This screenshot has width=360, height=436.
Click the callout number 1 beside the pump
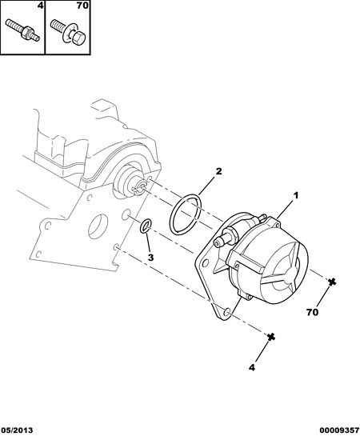click(x=296, y=195)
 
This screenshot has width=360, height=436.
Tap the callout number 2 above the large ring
click(x=218, y=171)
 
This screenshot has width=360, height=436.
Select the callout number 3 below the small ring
click(x=150, y=258)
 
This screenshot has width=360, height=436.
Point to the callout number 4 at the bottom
click(x=251, y=367)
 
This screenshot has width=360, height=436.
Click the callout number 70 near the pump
click(x=313, y=312)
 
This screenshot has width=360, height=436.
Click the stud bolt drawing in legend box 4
click(x=22, y=30)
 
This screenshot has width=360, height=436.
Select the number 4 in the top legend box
click(x=40, y=6)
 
